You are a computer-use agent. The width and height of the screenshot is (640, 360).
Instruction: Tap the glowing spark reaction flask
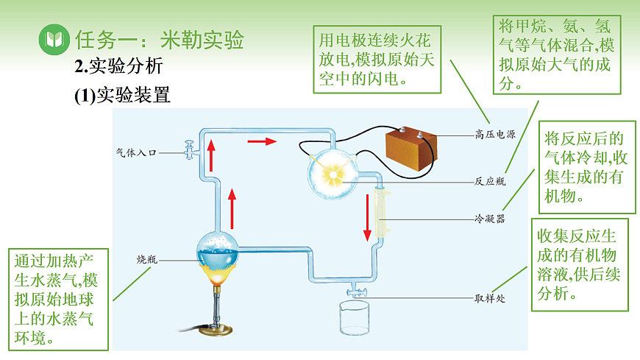click(x=333, y=174)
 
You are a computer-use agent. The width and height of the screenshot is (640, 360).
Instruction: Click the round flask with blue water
click(x=218, y=255)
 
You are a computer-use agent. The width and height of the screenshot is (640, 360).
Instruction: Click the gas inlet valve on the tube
click(x=191, y=151)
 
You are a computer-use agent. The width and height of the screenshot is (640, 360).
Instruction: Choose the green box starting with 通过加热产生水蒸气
click(x=56, y=299)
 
